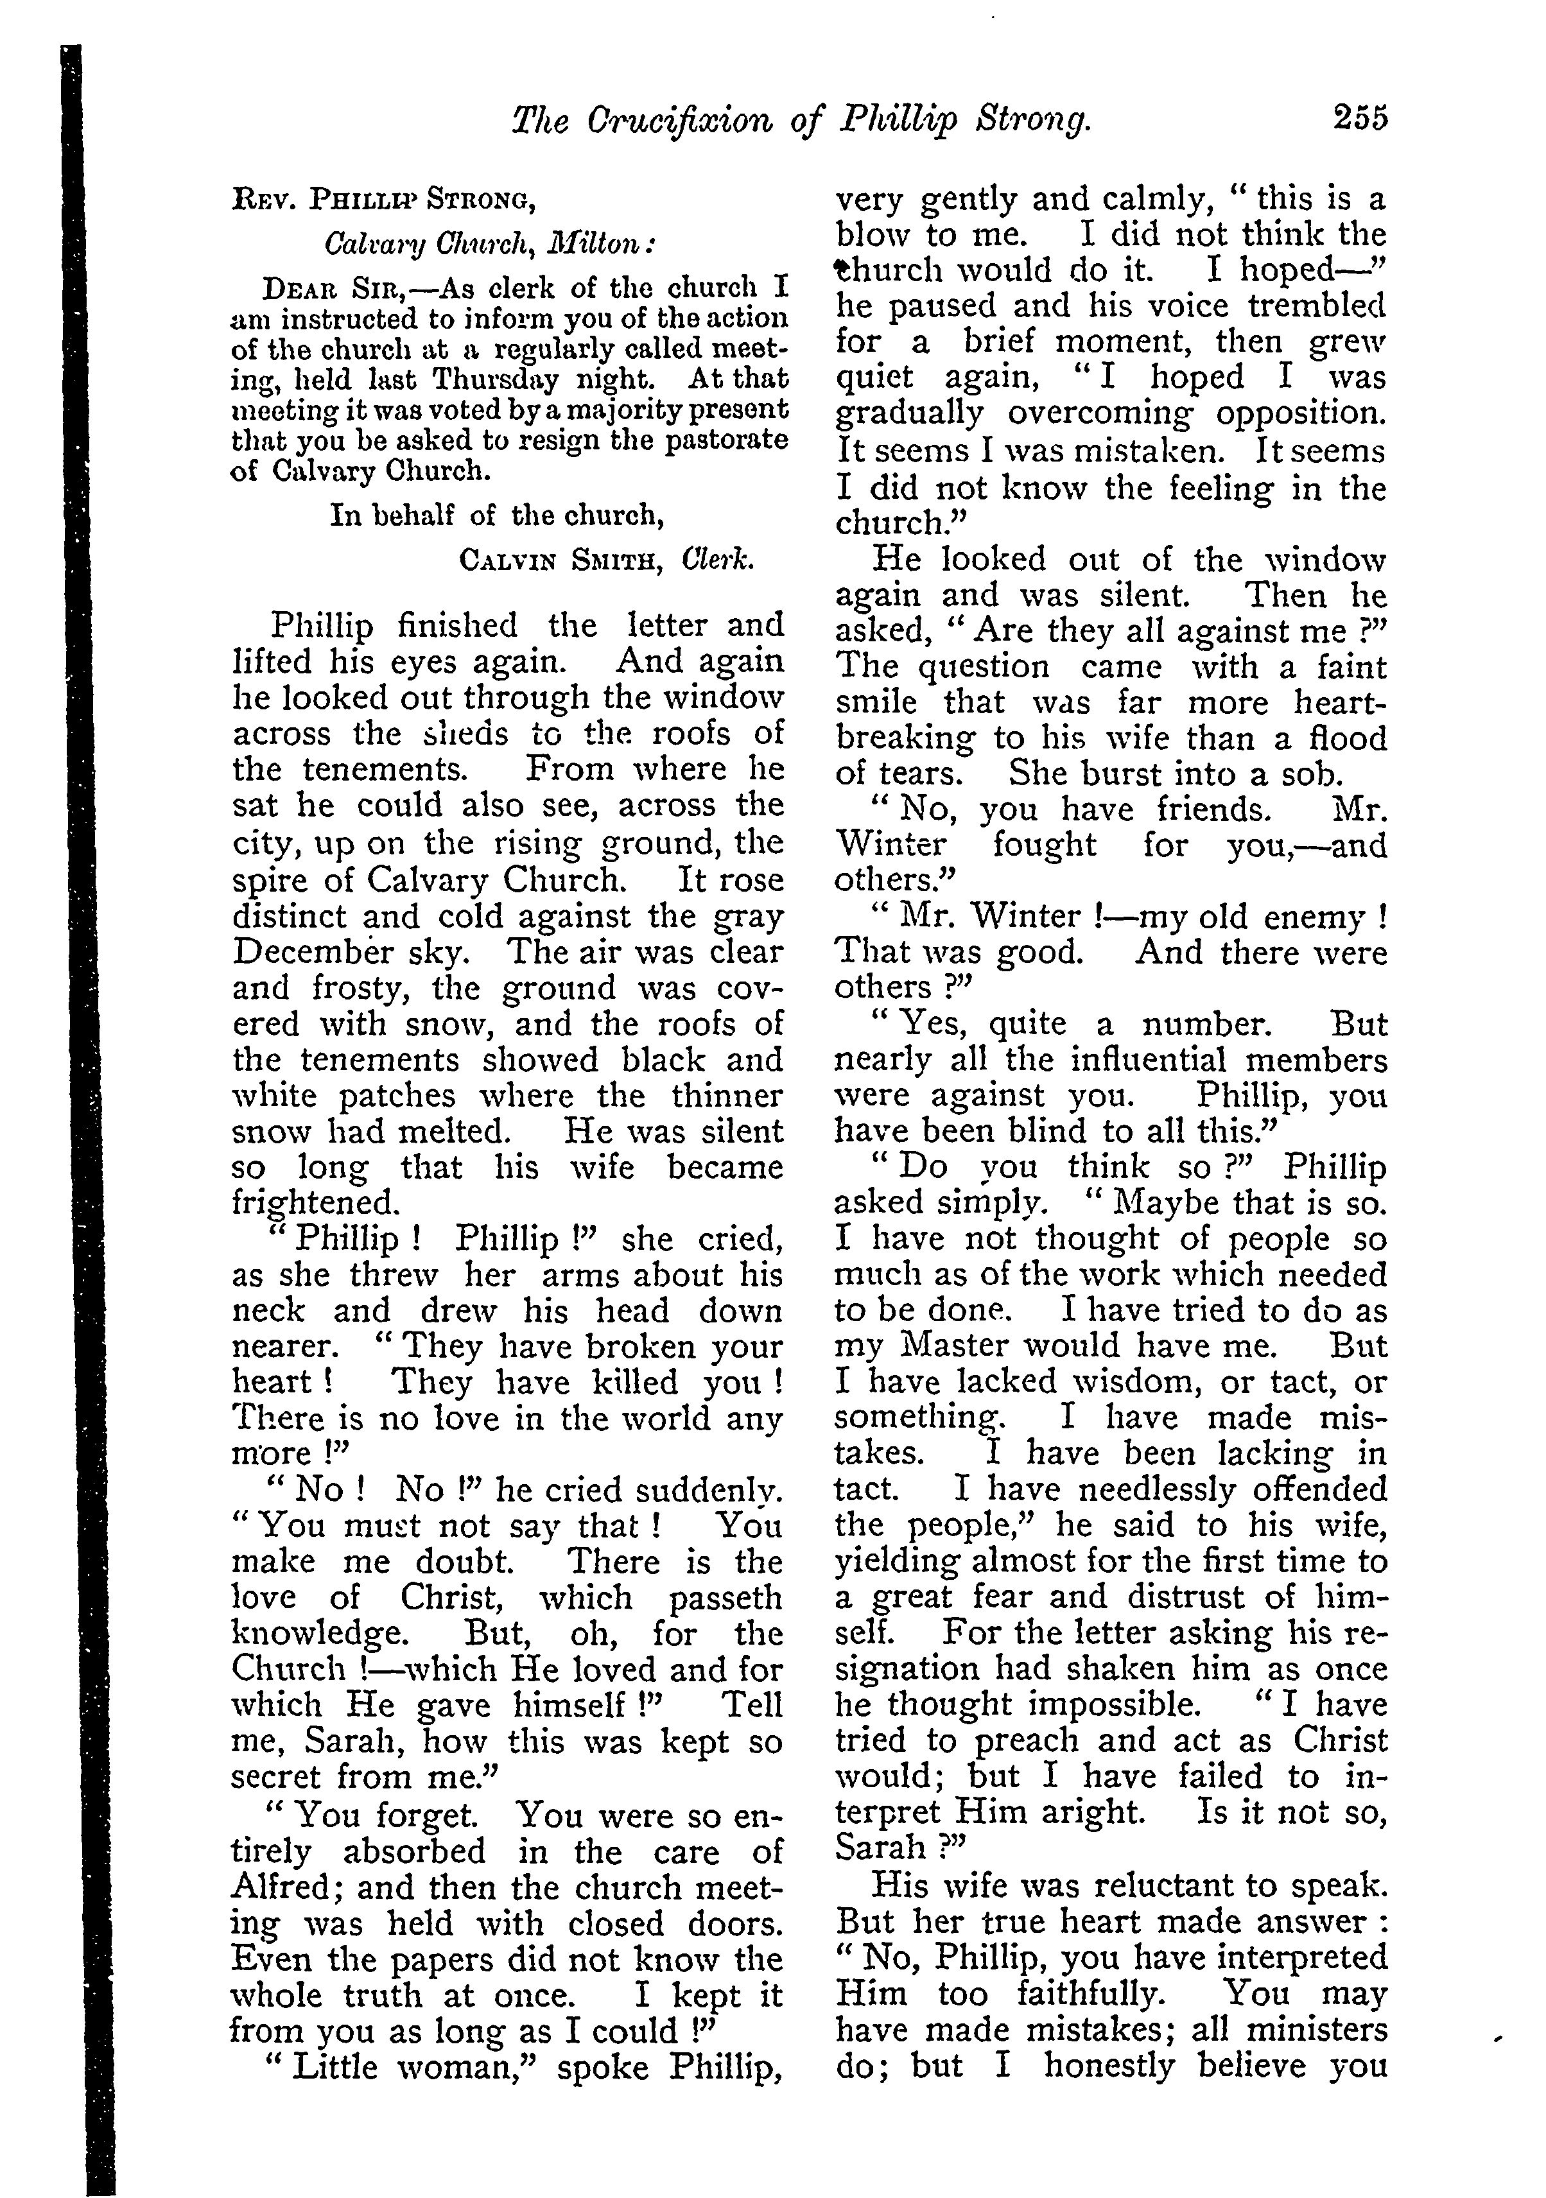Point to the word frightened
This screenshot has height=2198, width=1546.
pyautogui.click(x=314, y=1202)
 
